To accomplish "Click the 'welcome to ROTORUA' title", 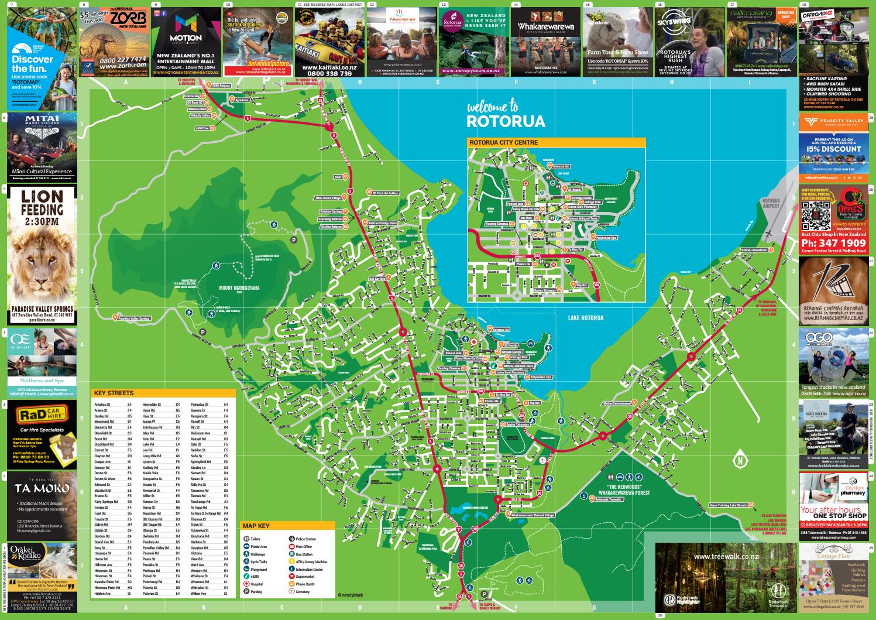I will (506, 115).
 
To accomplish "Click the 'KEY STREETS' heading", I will (114, 393).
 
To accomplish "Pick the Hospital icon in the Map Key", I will (246, 584).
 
